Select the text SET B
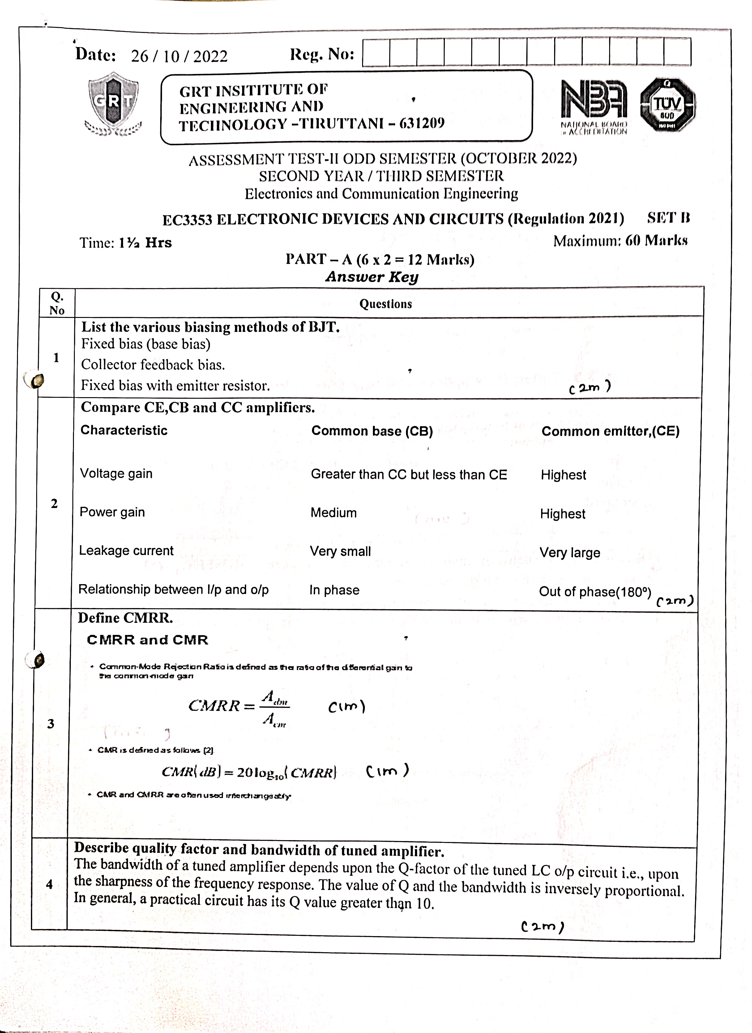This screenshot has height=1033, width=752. tap(668, 218)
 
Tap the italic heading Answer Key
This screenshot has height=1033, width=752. tap(372, 276)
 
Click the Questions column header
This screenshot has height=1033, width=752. tap(386, 304)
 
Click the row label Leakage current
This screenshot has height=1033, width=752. tap(126, 550)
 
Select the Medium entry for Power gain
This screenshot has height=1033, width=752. tap(334, 513)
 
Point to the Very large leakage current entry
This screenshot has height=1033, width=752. tap(570, 553)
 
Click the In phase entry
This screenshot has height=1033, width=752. tap(335, 590)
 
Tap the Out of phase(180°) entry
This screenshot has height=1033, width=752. tap(595, 592)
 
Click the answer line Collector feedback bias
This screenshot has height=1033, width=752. tap(153, 365)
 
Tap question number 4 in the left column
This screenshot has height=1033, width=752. tap(49, 884)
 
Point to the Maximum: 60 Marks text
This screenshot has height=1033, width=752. tap(620, 241)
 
